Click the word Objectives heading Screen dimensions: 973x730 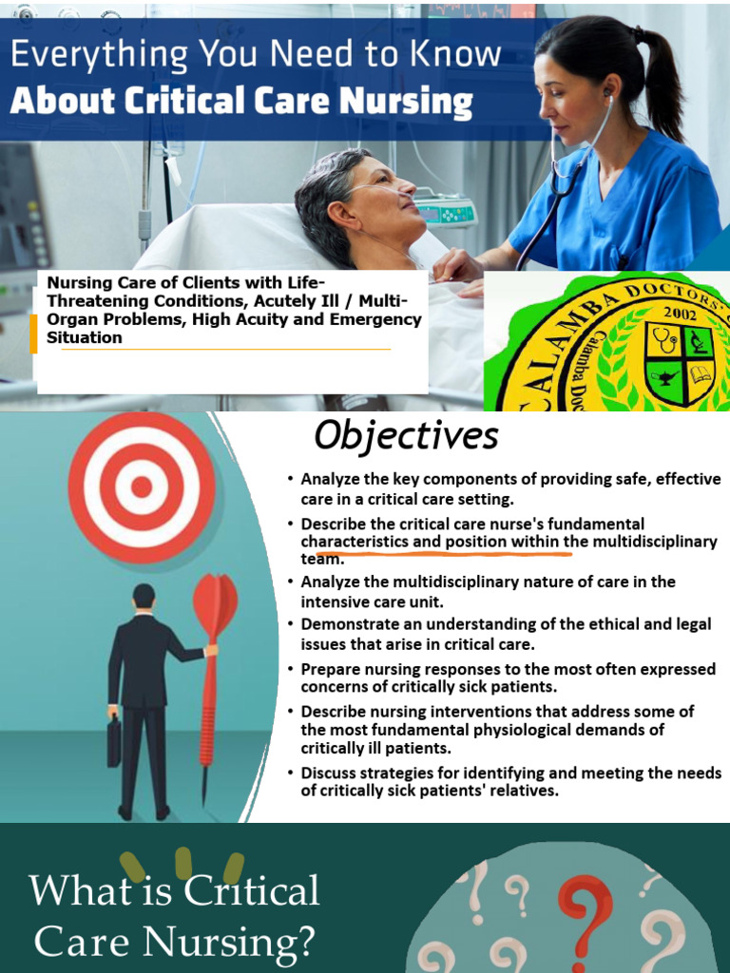click(x=406, y=436)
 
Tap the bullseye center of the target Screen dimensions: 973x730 click(x=142, y=486)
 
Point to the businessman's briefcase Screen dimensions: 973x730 click(x=114, y=741)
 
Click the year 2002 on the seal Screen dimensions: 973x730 click(x=681, y=313)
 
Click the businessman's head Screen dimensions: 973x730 click(x=144, y=596)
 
